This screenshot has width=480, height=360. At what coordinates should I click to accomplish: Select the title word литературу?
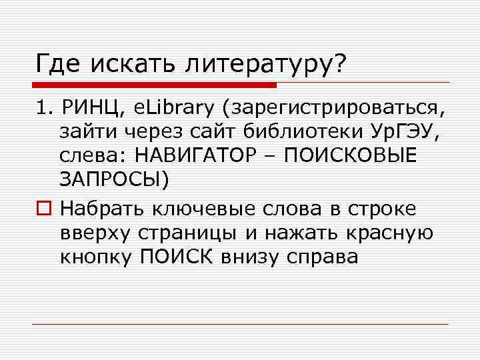[x=259, y=65]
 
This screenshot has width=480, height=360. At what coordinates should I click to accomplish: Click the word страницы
[x=201, y=233]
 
